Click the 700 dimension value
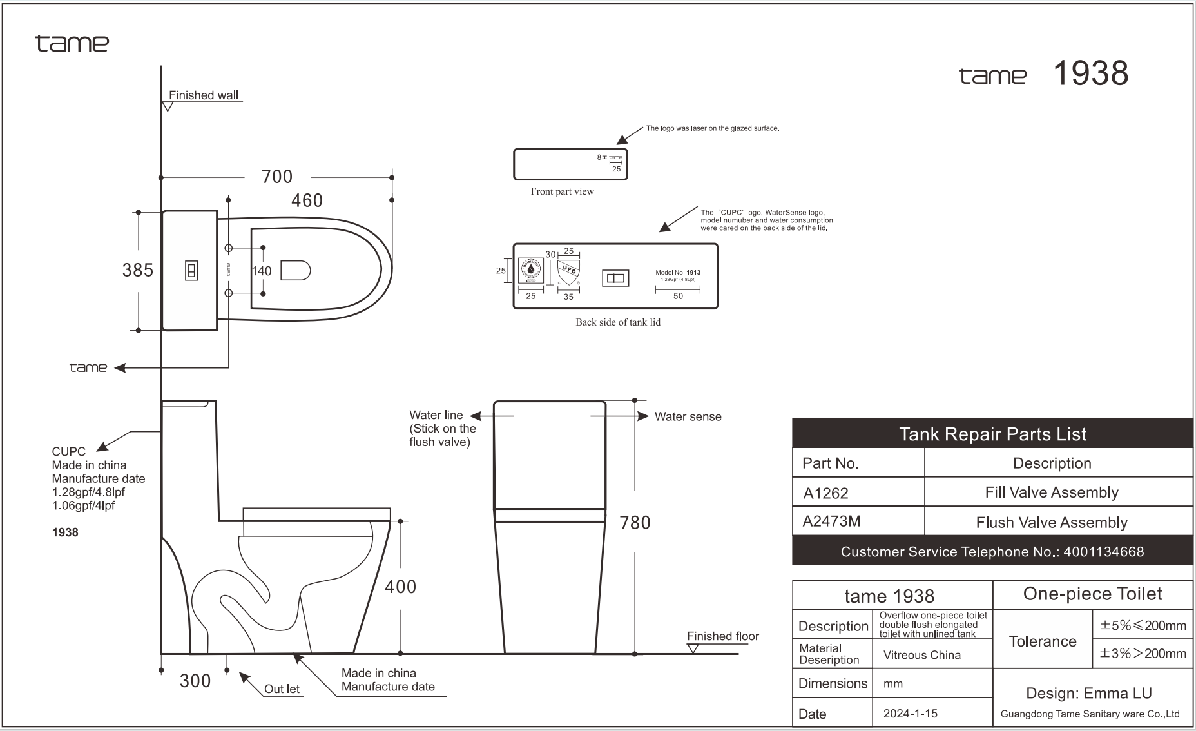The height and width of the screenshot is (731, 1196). pyautogui.click(x=277, y=177)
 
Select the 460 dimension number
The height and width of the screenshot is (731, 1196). pyautogui.click(x=307, y=200)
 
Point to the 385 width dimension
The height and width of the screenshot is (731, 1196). pyautogui.click(x=138, y=270)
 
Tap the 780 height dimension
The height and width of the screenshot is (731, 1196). pyautogui.click(x=635, y=523)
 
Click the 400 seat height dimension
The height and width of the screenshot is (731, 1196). pyautogui.click(x=400, y=587)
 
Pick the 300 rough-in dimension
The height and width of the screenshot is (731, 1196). pyautogui.click(x=195, y=681)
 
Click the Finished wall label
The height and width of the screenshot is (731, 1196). pyautogui.click(x=204, y=95)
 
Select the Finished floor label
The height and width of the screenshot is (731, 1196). pyautogui.click(x=722, y=636)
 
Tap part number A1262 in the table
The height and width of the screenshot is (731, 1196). pyautogui.click(x=825, y=493)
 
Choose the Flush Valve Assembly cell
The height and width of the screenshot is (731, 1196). pyautogui.click(x=1052, y=522)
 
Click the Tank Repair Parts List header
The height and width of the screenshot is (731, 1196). pyautogui.click(x=992, y=434)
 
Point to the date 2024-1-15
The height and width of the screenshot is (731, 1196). pyautogui.click(x=910, y=714)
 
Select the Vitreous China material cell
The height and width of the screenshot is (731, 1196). pyautogui.click(x=921, y=655)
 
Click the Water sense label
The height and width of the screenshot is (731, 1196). pyautogui.click(x=688, y=417)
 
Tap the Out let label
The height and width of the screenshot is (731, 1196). pyautogui.click(x=282, y=688)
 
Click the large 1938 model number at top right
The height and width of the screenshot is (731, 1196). pyautogui.click(x=1090, y=73)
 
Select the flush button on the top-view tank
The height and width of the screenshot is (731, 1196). pyautogui.click(x=191, y=271)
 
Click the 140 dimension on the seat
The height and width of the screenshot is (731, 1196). pyautogui.click(x=262, y=271)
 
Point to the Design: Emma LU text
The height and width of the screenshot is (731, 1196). pyautogui.click(x=1088, y=693)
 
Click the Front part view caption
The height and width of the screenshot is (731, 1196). pyautogui.click(x=562, y=191)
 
